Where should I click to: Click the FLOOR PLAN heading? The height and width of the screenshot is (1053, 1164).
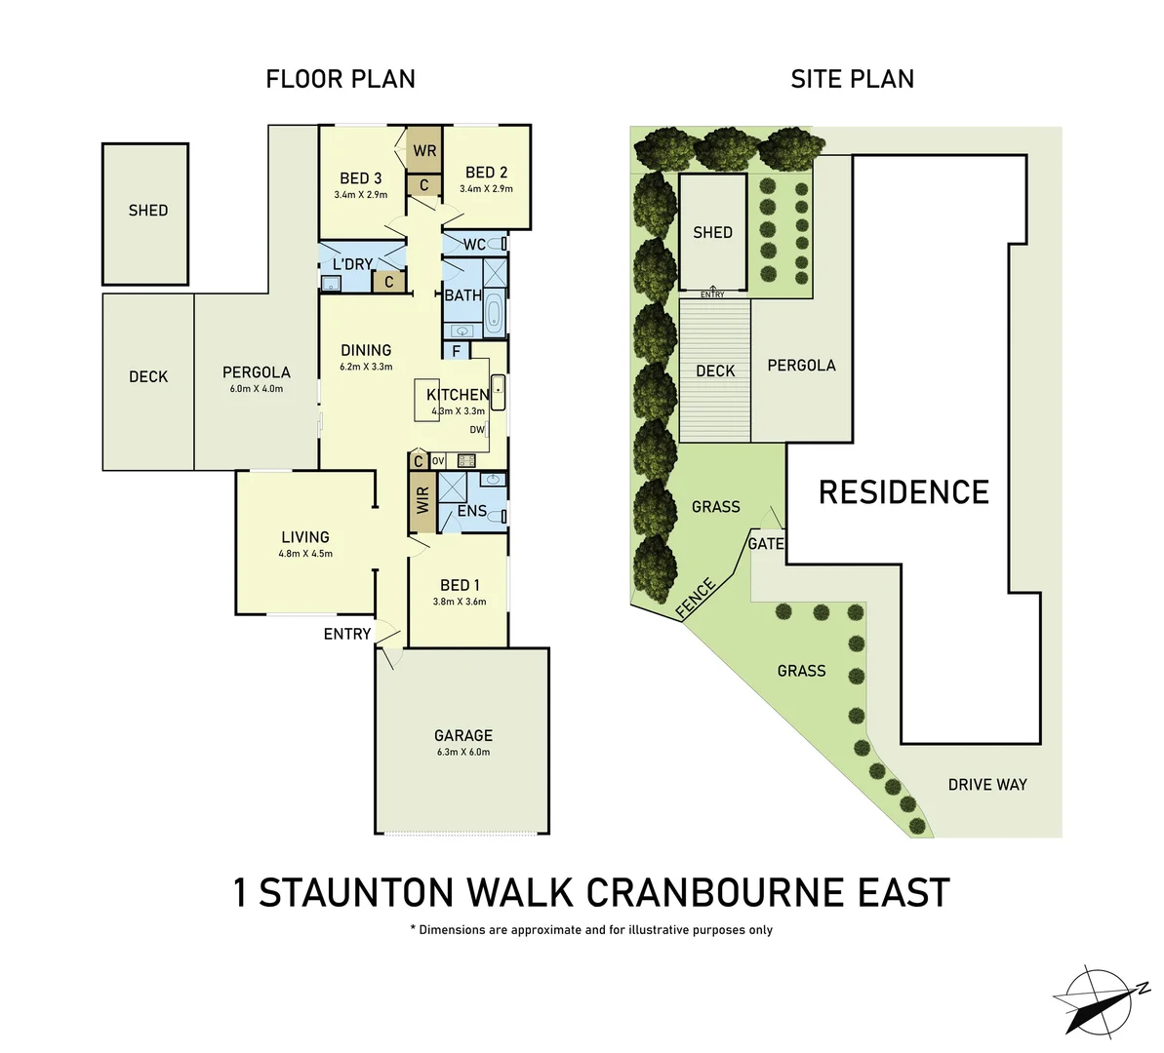[x=341, y=79]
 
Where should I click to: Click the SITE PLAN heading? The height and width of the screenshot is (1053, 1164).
[x=852, y=79]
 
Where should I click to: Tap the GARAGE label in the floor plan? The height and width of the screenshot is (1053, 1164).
[x=463, y=735]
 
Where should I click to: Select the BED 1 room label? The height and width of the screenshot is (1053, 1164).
[x=460, y=585]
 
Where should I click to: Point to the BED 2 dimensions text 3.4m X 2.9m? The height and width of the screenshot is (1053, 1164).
[x=486, y=189]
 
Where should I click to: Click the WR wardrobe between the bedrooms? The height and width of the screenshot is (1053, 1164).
[x=424, y=151]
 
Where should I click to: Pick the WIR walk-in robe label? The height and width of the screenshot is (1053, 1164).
[x=422, y=501]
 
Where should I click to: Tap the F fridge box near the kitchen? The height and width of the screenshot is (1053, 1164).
[x=456, y=351]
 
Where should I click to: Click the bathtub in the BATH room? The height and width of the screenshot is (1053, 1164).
[x=494, y=312]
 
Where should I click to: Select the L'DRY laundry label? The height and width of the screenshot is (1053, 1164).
[x=352, y=264]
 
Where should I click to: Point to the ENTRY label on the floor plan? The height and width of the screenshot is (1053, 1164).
[x=347, y=634]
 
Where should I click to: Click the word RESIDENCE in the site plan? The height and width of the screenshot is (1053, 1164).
[x=903, y=492]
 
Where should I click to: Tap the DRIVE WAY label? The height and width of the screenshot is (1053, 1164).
[x=987, y=784]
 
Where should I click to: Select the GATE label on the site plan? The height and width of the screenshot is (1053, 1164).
[x=766, y=544]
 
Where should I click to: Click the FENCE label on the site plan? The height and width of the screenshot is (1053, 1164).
[x=697, y=598]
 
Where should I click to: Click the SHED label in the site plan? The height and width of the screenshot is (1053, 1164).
[x=712, y=232]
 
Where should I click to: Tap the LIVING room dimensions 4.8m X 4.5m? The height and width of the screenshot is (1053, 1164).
[x=305, y=554]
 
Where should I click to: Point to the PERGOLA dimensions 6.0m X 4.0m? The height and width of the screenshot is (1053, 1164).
[x=256, y=388]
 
